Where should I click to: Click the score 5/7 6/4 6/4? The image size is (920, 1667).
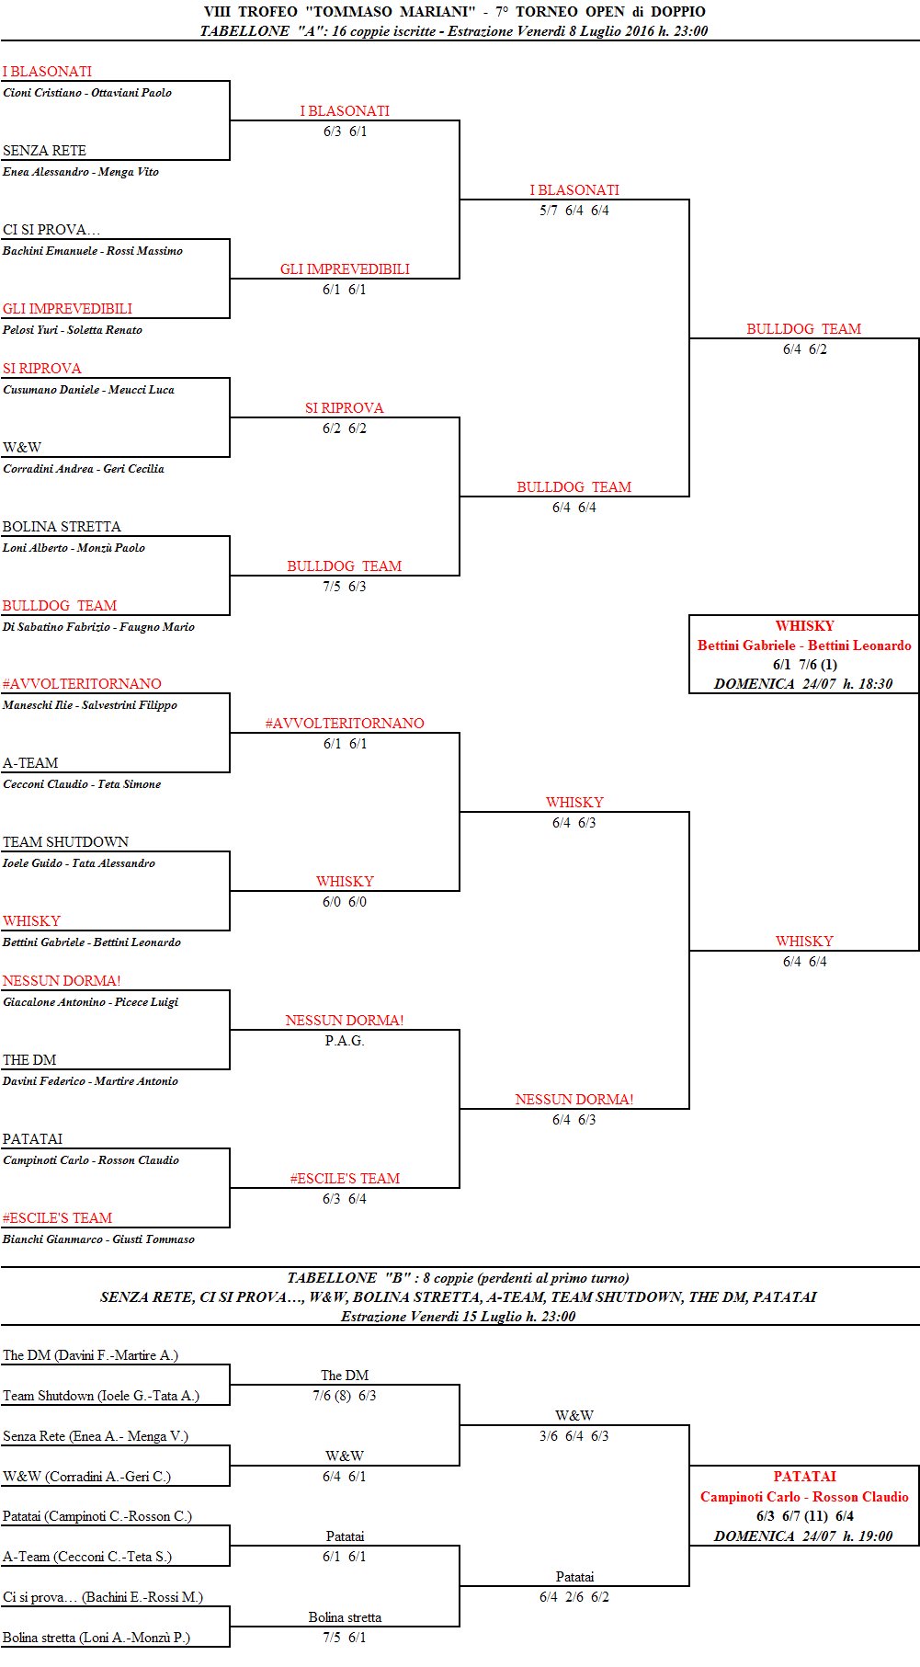click(574, 211)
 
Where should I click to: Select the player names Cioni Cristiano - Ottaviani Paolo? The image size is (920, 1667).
click(87, 93)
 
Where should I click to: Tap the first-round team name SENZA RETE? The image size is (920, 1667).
click(44, 151)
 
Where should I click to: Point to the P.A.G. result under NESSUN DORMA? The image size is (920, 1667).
click(345, 1041)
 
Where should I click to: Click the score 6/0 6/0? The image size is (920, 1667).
click(345, 902)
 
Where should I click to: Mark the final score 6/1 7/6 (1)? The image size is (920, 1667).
click(804, 665)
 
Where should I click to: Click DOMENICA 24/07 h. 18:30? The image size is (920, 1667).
click(803, 684)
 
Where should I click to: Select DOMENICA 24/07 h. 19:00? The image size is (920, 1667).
click(803, 1536)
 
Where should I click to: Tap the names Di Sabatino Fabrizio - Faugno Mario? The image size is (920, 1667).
click(98, 627)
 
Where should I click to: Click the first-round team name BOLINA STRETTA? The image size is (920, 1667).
click(62, 527)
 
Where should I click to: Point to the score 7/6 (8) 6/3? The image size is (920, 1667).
click(345, 1396)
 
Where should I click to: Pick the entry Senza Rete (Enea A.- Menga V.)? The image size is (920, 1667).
click(96, 1436)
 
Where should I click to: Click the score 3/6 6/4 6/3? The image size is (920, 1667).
click(574, 1436)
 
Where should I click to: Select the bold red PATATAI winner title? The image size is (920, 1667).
click(804, 1477)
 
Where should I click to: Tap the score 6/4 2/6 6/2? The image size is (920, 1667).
click(574, 1597)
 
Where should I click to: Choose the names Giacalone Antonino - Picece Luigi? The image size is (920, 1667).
click(90, 1002)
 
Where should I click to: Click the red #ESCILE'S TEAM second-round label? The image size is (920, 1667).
click(345, 1179)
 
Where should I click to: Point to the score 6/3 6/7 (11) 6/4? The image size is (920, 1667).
click(804, 1516)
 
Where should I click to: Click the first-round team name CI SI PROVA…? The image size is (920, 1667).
click(51, 230)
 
